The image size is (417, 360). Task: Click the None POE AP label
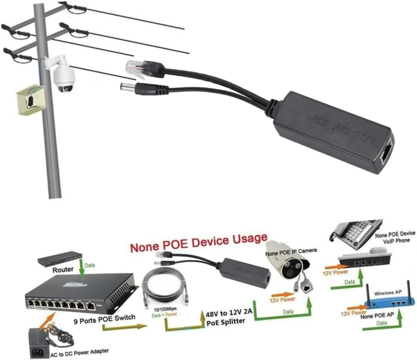(x=375, y=316)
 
